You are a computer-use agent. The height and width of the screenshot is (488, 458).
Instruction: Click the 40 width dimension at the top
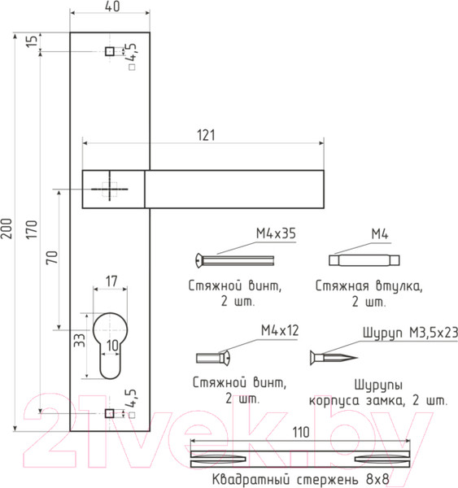(112, 7)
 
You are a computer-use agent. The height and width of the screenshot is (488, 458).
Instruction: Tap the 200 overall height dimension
(7, 229)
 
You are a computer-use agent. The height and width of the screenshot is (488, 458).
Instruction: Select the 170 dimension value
(32, 229)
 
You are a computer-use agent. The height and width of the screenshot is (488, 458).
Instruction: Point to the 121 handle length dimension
(206, 135)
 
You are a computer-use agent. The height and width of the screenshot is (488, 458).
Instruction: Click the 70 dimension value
(52, 257)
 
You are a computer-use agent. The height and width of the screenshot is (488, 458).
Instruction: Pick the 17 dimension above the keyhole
(111, 281)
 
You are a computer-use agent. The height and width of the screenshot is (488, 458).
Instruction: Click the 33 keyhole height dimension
(79, 340)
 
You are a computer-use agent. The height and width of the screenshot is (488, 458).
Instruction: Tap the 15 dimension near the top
(32, 41)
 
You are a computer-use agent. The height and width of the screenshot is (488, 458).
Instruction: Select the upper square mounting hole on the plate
(110, 51)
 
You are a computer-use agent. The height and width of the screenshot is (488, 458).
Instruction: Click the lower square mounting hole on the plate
(109, 413)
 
